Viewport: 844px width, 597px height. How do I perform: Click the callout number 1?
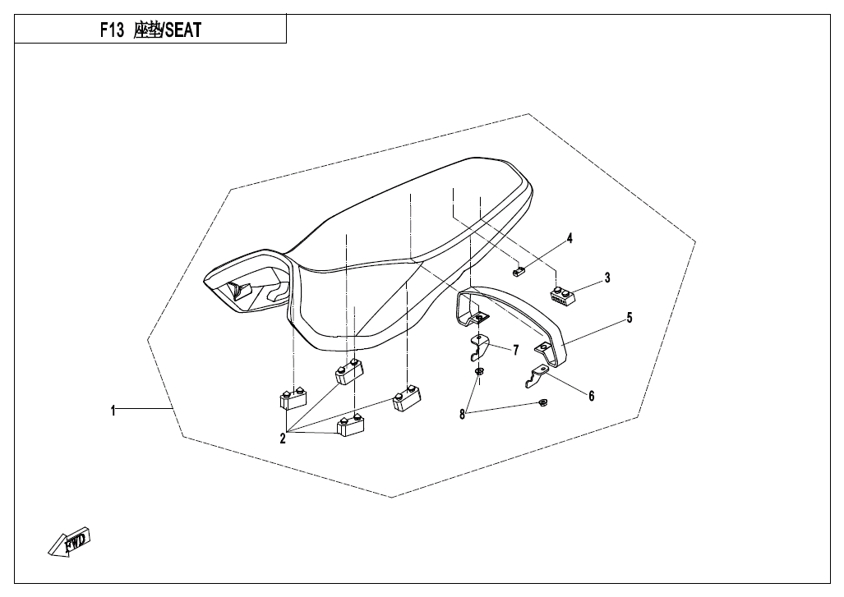coord(113,411)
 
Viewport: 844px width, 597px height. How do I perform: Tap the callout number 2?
coord(283,439)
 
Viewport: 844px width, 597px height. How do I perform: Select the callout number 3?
coord(607,278)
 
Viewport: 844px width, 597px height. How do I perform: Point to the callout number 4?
coord(570,238)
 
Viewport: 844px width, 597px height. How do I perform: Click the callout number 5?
coord(630,318)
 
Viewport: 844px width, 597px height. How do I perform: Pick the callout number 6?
coord(592,396)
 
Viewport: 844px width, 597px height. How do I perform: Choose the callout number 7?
coord(515,351)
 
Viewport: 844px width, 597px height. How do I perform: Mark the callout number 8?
coord(462,415)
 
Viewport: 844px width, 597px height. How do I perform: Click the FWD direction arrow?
coord(69,541)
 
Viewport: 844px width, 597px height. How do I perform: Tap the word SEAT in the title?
coord(183,30)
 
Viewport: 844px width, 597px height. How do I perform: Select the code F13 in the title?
coord(112,30)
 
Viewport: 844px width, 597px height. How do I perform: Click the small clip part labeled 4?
coord(518,272)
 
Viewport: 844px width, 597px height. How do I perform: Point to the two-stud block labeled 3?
coord(562,296)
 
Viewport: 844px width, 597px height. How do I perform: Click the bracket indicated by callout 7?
coord(478,347)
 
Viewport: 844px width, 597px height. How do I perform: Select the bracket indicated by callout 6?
coord(537,375)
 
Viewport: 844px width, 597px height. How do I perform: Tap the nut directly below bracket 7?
coord(478,372)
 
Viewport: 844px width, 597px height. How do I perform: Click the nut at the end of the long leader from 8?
coord(542,403)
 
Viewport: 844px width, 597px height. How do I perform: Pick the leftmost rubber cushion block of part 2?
coord(293,399)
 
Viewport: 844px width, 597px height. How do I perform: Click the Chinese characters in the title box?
coord(148,30)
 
